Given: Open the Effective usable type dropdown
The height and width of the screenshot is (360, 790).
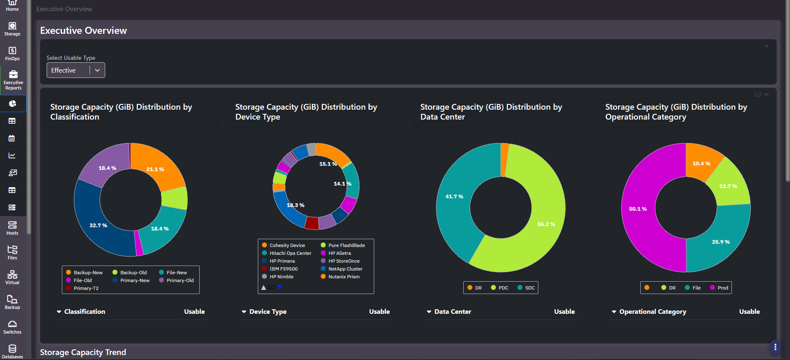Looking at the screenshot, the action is [x=75, y=70].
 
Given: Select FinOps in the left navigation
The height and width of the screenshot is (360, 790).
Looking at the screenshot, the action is [x=12, y=54].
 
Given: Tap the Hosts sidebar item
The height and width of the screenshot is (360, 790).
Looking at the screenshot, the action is [x=12, y=228].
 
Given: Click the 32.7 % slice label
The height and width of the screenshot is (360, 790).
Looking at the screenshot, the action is [x=98, y=226].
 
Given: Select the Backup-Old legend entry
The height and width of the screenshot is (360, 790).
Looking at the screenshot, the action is [x=130, y=273].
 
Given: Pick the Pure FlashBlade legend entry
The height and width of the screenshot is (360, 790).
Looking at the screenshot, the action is [x=343, y=245].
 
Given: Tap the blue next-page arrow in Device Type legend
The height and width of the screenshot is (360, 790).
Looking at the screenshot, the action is [x=280, y=287].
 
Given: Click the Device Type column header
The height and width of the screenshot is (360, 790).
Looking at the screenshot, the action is [x=268, y=312].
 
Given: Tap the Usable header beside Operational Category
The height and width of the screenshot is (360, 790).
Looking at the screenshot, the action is [x=749, y=312].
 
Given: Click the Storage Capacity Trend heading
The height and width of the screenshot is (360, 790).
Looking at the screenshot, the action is [x=83, y=352].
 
